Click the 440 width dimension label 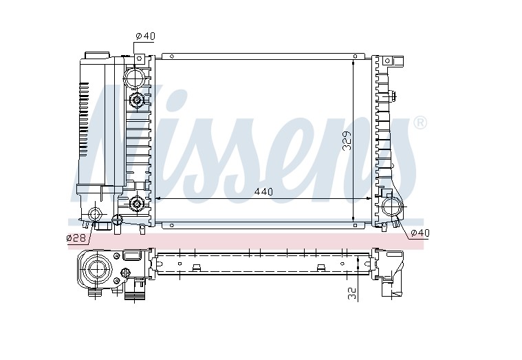coord(263,191)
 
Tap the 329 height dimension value coord(347,141)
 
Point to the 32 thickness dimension coord(353,293)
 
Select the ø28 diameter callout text coord(76,237)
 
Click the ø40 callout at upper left coord(145,36)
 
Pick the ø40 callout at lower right coord(420,233)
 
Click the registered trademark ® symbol coord(420,123)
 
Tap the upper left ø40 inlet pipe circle coord(134,77)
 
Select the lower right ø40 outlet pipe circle coord(392,207)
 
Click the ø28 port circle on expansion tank coord(95,213)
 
